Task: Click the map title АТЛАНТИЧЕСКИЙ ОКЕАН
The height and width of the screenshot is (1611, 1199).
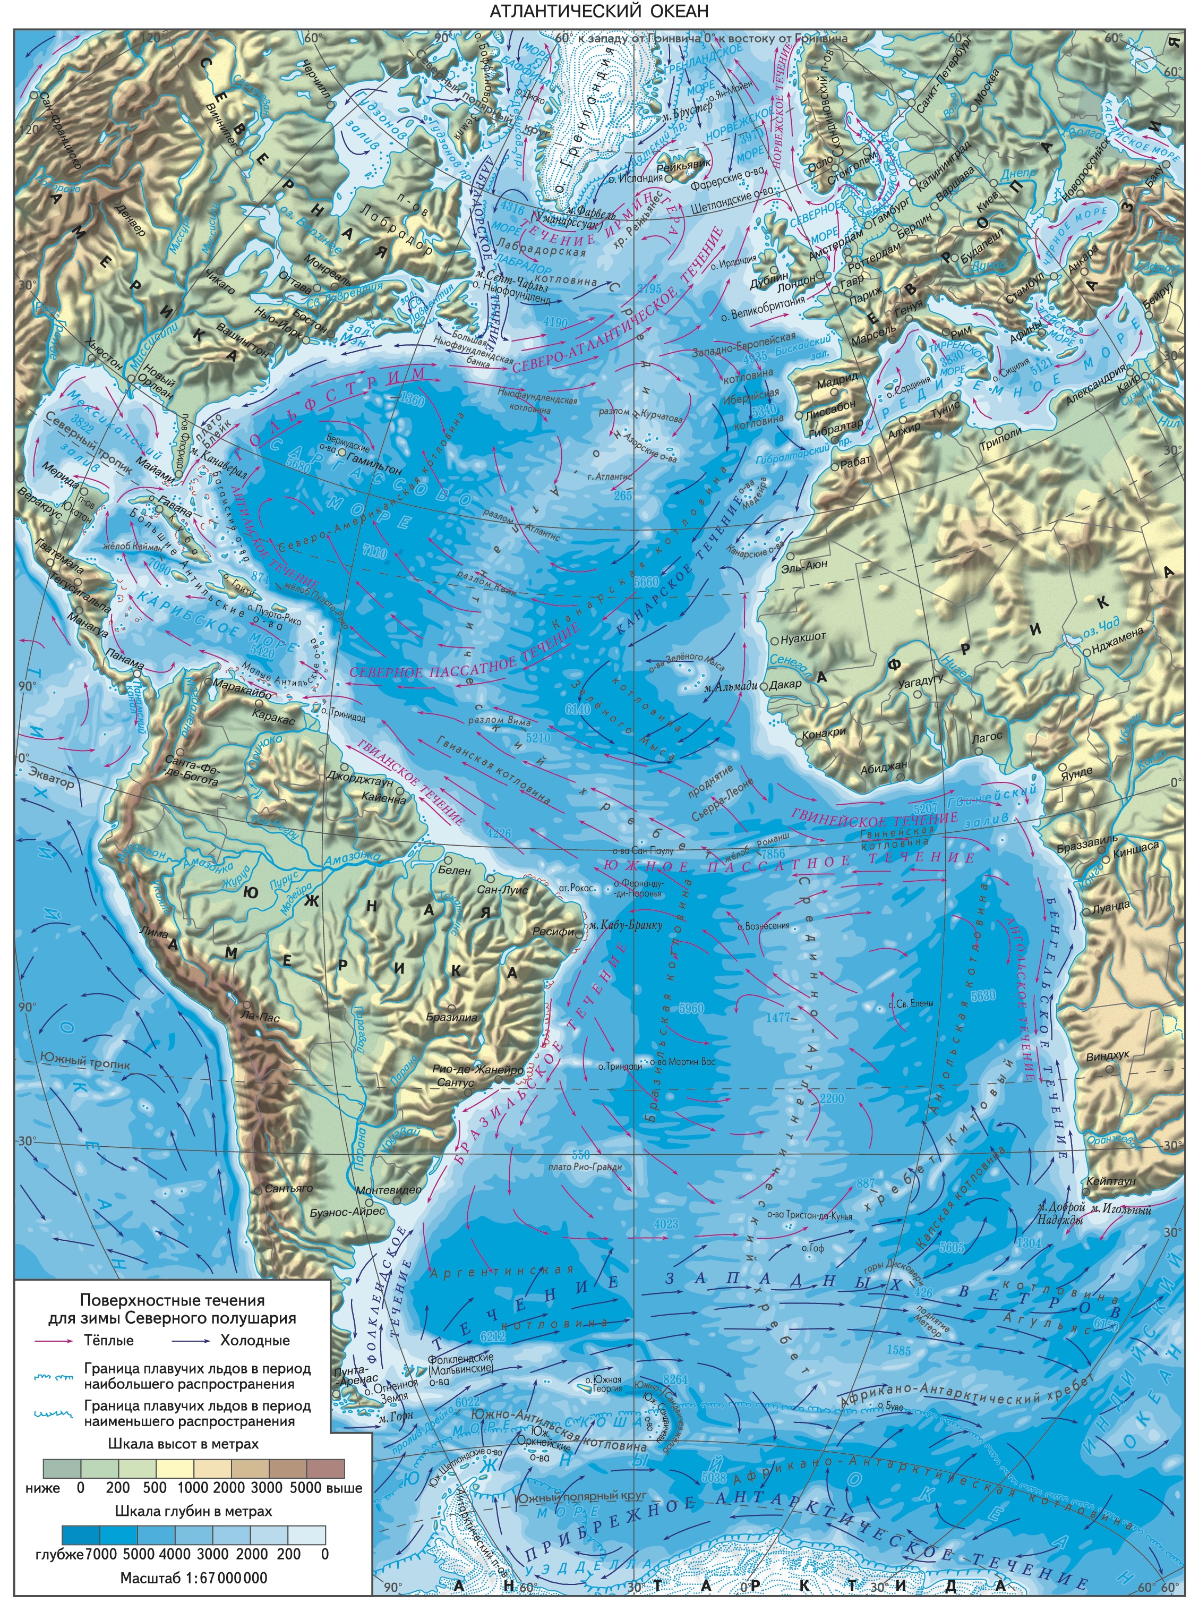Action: pyautogui.click(x=599, y=12)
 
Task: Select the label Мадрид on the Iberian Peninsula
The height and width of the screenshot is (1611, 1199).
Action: pyautogui.click(x=837, y=379)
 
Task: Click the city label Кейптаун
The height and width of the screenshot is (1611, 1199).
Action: pyautogui.click(x=1116, y=1181)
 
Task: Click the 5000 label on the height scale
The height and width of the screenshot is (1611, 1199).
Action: pyautogui.click(x=305, y=1488)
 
